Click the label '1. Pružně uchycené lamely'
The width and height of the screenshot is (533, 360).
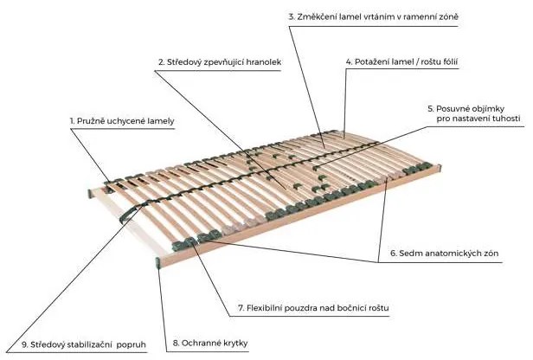tap(122, 121)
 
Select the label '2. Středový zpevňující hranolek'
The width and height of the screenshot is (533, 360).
tap(220, 62)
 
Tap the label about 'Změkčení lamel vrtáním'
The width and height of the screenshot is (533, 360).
tap(373, 16)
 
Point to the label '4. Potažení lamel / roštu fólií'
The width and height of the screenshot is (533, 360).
tap(401, 61)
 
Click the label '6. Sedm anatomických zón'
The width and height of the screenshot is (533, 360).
tap(444, 254)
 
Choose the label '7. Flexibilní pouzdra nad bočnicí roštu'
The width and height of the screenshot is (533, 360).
tap(313, 308)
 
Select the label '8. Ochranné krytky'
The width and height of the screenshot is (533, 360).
tap(210, 343)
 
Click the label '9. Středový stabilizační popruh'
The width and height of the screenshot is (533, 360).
tap(84, 344)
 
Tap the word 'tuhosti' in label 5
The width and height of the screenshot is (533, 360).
tap(506, 119)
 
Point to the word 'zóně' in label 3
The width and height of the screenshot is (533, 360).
tap(448, 16)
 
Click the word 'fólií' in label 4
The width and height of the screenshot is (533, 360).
tap(449, 61)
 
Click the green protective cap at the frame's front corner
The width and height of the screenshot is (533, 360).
tap(158, 263)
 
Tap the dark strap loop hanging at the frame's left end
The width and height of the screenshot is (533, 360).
tap(130, 214)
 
